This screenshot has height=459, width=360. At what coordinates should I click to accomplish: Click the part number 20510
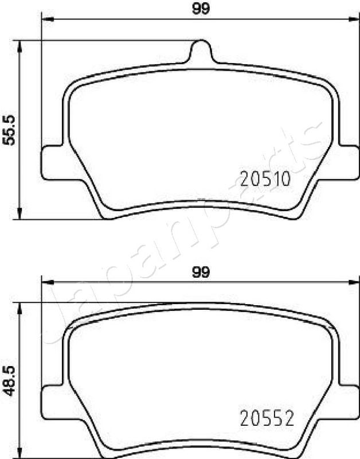click(265, 178)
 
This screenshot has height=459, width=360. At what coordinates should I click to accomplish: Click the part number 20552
click(267, 418)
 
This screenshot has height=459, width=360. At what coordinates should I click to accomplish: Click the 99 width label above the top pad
click(201, 9)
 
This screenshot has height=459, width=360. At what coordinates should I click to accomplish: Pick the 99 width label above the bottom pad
click(201, 273)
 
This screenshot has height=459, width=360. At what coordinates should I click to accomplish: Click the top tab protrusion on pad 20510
click(200, 51)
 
